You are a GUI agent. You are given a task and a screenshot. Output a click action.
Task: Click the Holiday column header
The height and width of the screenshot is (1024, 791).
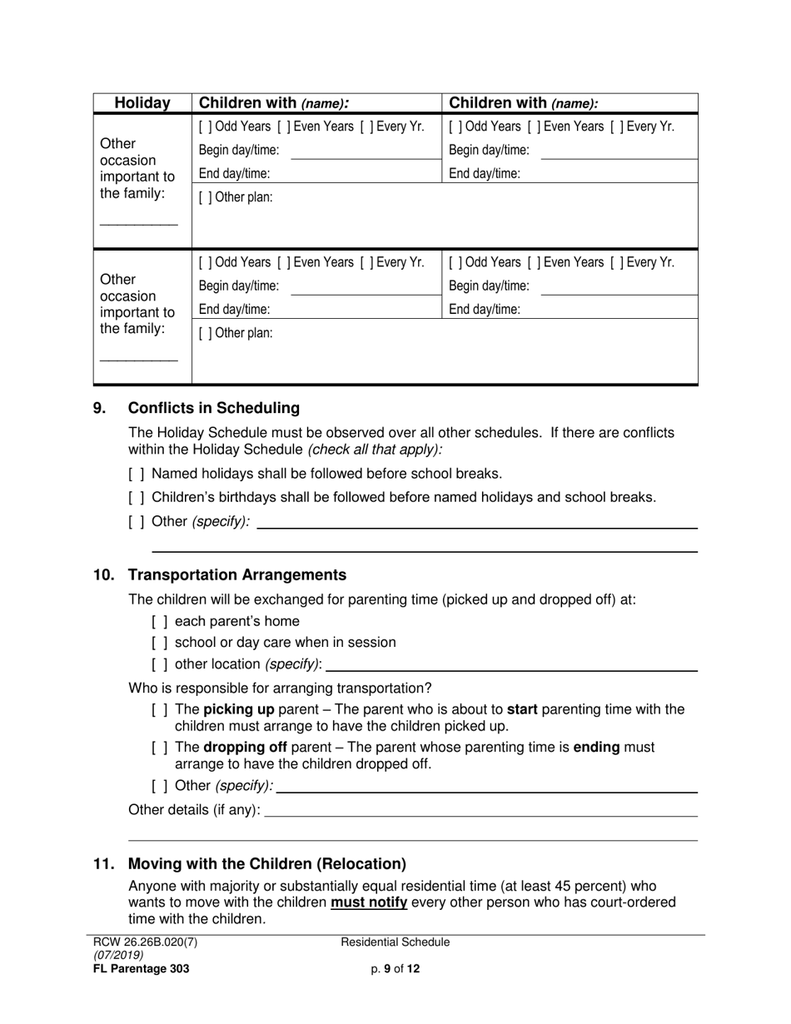(142, 103)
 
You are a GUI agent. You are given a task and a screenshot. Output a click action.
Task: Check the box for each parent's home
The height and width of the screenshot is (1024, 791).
(160, 621)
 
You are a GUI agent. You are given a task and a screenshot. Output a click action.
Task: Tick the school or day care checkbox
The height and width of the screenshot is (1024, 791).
(160, 643)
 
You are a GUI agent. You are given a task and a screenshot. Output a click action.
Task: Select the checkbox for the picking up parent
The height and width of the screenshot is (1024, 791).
(160, 710)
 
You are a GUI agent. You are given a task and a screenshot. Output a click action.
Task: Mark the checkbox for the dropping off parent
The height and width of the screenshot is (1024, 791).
(160, 748)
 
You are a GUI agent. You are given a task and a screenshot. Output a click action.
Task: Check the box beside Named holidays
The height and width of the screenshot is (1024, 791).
(137, 474)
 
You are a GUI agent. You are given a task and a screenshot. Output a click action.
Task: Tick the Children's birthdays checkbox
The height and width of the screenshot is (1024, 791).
(137, 498)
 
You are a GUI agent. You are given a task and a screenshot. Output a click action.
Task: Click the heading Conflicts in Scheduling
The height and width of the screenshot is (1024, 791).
(213, 408)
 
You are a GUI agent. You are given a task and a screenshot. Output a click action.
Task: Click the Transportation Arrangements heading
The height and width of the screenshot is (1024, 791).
(236, 575)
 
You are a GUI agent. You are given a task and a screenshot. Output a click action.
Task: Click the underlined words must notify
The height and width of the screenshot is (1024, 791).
(369, 902)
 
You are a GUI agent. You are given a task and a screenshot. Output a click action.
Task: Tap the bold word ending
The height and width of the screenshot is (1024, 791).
(596, 748)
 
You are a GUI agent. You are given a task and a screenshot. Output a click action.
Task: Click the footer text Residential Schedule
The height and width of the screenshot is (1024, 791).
(395, 942)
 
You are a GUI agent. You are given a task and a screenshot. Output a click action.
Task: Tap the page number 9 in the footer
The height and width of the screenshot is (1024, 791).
(387, 968)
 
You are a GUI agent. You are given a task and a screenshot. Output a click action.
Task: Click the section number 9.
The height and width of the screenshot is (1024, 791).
(99, 408)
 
